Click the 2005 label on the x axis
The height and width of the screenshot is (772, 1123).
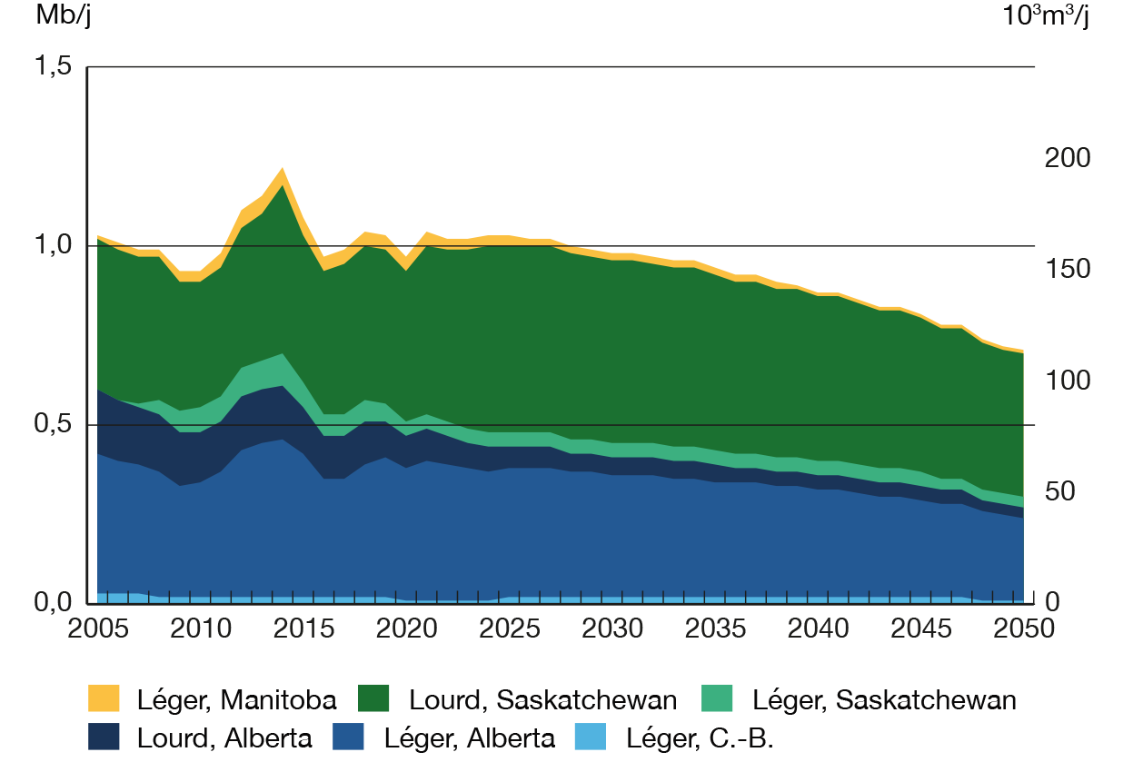(97, 629)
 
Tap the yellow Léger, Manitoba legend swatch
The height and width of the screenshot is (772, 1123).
(103, 699)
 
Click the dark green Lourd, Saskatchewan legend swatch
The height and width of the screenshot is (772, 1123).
(374, 699)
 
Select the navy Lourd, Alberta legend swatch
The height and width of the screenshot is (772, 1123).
(103, 737)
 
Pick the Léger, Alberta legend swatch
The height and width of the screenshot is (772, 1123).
(349, 737)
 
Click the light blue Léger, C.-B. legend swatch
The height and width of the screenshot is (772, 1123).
(591, 737)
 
